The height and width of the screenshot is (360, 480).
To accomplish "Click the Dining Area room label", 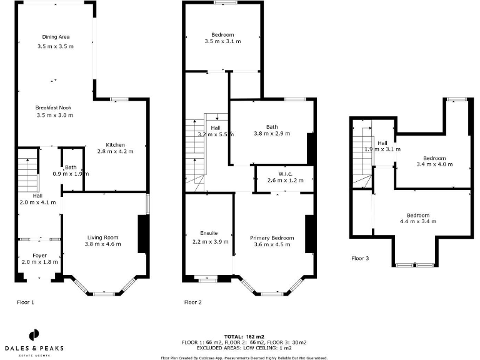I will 56,37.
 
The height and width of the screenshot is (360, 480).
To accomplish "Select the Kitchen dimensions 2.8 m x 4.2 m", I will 116,151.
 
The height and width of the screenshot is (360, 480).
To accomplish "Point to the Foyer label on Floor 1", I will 39,255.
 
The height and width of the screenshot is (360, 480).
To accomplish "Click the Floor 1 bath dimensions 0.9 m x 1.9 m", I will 71,174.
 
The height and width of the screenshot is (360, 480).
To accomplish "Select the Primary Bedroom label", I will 272,238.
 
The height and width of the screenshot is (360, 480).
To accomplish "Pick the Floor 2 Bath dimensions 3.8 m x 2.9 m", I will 272,134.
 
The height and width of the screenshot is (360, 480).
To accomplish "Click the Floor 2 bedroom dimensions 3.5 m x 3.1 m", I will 222,41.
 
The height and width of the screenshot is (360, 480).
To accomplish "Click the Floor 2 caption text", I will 193,302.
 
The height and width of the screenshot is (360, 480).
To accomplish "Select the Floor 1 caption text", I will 26,302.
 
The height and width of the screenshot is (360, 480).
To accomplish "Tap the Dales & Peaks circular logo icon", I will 34,334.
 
